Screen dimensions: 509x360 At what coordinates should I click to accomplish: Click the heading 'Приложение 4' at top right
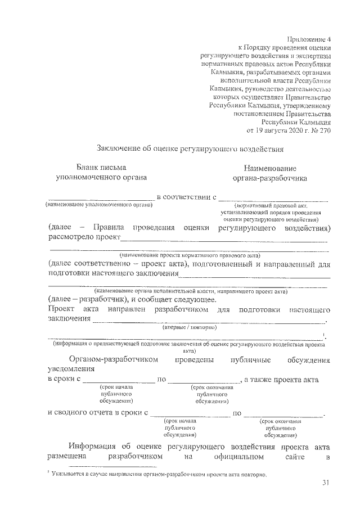point(309,39)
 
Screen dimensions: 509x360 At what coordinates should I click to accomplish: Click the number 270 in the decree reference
point(324,130)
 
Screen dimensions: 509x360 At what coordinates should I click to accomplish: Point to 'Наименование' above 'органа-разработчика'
point(270,168)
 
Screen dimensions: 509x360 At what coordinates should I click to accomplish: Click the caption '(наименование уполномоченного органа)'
point(100,205)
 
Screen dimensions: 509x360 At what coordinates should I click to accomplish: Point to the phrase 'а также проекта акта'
point(282,380)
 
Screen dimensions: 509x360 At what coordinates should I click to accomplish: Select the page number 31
point(326,483)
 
